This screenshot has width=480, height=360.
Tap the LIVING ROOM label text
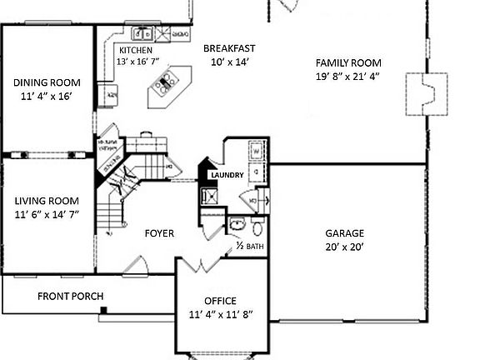coord(47,201)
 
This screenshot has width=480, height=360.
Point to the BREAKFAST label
coord(229,48)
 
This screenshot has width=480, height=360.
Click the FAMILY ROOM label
coord(348,62)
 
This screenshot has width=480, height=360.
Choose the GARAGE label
coord(345,233)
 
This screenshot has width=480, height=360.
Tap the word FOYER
coord(159,234)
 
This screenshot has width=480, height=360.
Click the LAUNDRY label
coord(227,175)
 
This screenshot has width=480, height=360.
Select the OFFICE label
coord(220,301)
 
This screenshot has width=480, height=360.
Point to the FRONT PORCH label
coord(70,297)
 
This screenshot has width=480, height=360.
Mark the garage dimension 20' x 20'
coord(345,247)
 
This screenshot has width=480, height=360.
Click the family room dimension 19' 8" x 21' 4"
coord(348,77)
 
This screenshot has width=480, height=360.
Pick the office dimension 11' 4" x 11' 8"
coord(220,314)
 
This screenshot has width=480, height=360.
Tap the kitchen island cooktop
coord(166,82)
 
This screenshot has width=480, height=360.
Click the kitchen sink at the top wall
coord(142,34)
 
